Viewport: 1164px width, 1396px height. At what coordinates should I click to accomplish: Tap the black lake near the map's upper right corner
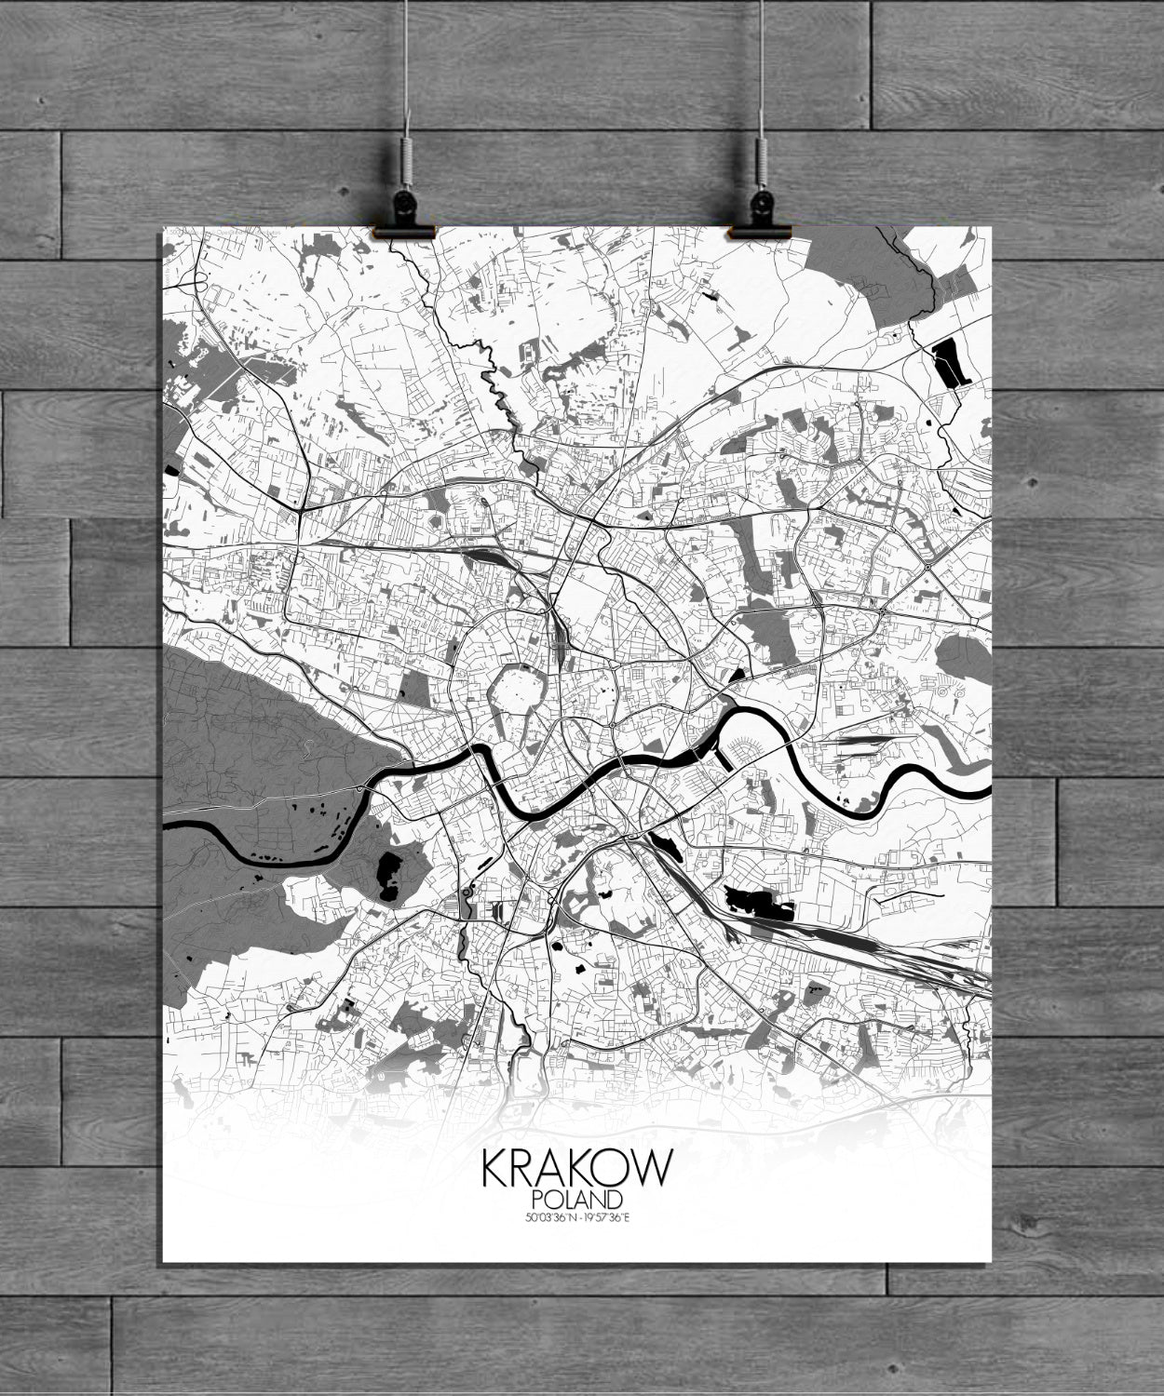coord(952,361)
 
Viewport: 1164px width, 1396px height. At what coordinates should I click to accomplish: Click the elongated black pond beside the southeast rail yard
coord(754,901)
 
